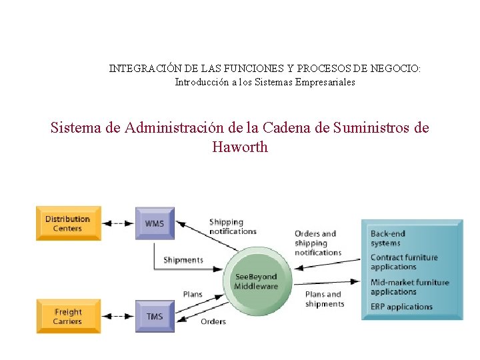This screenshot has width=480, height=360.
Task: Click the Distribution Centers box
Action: pyautogui.click(x=68, y=223)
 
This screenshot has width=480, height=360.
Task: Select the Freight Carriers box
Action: pyautogui.click(x=68, y=316)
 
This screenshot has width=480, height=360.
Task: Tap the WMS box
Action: pyautogui.click(x=155, y=223)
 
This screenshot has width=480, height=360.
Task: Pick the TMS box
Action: pyautogui.click(x=155, y=316)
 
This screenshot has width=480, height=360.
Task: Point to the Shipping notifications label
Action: pyautogui.click(x=233, y=227)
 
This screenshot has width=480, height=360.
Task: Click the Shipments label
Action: pyautogui.click(x=183, y=260)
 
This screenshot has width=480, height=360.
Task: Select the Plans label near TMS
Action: pyautogui.click(x=193, y=295)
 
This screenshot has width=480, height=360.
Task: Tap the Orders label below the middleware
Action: pyautogui.click(x=213, y=321)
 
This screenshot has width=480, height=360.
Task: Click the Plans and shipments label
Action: pyautogui.click(x=325, y=299)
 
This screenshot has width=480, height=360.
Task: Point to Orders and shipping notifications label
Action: pyautogui.click(x=318, y=243)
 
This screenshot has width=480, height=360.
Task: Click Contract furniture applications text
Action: pyautogui.click(x=404, y=262)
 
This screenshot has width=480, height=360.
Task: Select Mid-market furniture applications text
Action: pyautogui.click(x=409, y=287)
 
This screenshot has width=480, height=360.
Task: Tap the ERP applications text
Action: pyautogui.click(x=401, y=307)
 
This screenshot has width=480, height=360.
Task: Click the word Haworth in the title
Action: pyautogui.click(x=240, y=147)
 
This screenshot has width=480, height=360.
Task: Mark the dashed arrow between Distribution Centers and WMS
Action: pyautogui.click(x=119, y=223)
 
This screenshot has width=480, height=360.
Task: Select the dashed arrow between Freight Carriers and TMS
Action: pyautogui.click(x=119, y=316)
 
